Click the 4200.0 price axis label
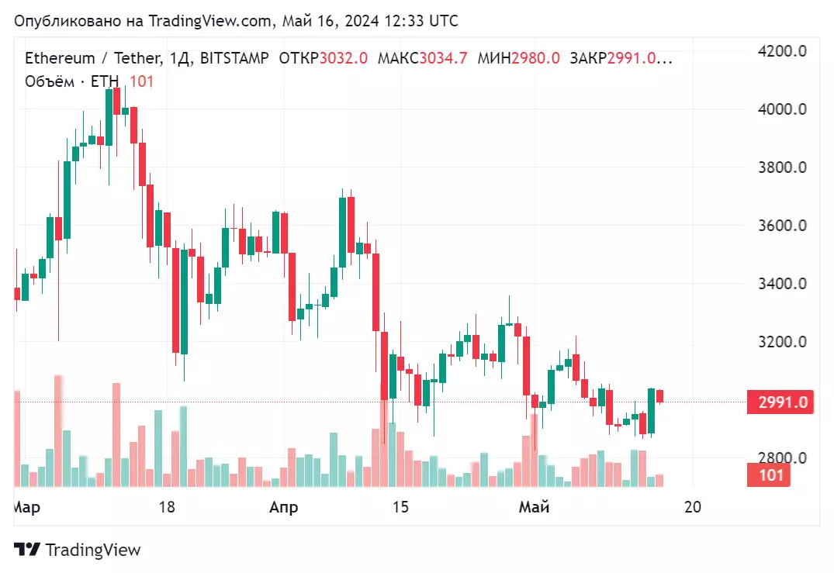coord(780,51)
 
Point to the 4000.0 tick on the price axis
coord(780,109)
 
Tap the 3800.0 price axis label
coord(780,167)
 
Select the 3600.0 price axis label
coord(780,226)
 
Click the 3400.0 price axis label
coord(780,284)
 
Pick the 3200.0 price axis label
coord(780,342)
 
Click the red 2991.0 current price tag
coord(781,402)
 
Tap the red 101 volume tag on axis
coord(770,475)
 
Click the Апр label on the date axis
coord(283,508)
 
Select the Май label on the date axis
coord(534,508)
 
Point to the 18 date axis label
coord(166,508)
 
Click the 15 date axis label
coord(400,508)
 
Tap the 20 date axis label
coord(693,508)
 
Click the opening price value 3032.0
coord(344,58)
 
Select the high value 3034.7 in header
coord(443,58)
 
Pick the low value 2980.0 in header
coord(535,58)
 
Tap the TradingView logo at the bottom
coord(78,550)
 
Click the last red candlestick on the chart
coord(659,396)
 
